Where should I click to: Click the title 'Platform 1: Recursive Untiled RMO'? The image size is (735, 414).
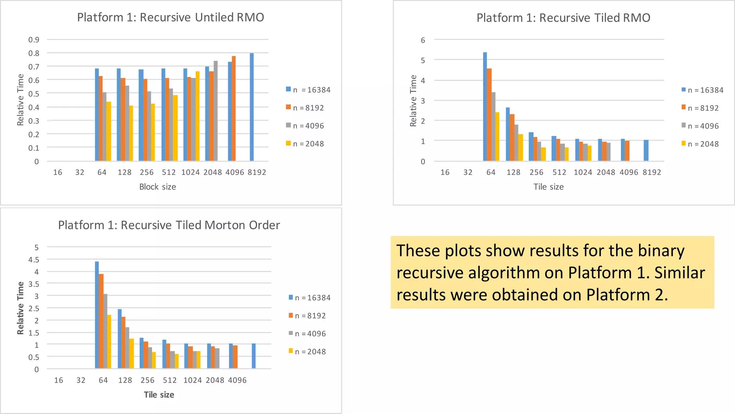(x=170, y=17)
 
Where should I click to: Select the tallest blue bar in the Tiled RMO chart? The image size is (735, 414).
(x=485, y=106)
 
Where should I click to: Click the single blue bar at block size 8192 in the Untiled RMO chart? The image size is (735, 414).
(x=252, y=107)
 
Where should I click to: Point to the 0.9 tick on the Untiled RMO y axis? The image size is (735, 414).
(x=34, y=40)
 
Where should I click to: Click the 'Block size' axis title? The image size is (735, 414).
(x=158, y=187)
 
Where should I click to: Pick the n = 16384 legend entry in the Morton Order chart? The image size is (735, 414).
(x=309, y=298)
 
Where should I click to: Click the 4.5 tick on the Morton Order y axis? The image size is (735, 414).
(x=34, y=259)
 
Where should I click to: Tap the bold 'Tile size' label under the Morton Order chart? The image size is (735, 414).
(x=159, y=395)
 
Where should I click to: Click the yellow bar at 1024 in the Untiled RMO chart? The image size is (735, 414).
(x=197, y=116)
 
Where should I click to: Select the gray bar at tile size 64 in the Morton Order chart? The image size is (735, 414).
(x=105, y=331)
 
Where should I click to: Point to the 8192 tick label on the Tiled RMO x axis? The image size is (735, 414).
(x=652, y=172)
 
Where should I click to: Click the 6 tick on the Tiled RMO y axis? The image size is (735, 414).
(x=423, y=40)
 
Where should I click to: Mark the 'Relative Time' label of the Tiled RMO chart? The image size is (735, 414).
(x=413, y=101)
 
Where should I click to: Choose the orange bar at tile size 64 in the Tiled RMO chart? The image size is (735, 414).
(x=489, y=114)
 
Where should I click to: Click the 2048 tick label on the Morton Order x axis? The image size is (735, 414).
(x=215, y=380)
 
